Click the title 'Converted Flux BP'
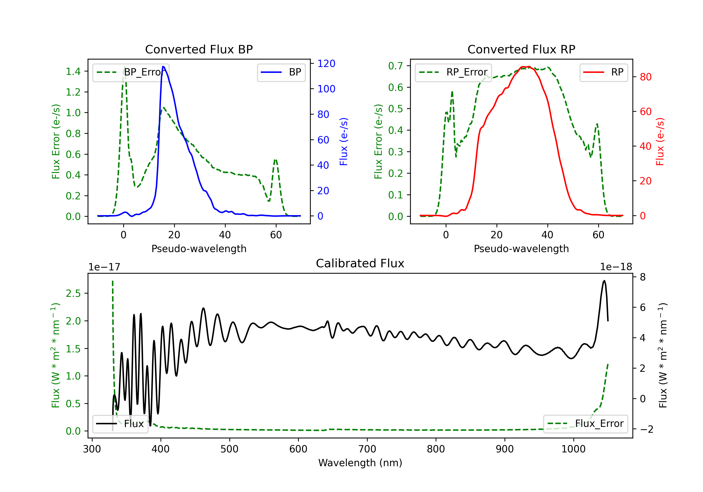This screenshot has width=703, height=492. pyautogui.click(x=199, y=49)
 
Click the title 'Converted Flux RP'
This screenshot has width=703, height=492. pyautogui.click(x=521, y=49)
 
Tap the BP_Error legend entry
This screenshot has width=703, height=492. pyautogui.click(x=131, y=72)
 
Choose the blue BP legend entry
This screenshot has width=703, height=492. pyautogui.click(x=281, y=72)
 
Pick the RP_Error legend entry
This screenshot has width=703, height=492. pyautogui.click(x=453, y=72)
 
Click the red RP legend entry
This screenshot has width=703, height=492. pyautogui.click(x=603, y=72)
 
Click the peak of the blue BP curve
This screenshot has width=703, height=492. pyautogui.click(x=163, y=67)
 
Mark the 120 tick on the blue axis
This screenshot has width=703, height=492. pyautogui.click(x=326, y=63)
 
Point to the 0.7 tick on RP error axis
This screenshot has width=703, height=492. pyautogui.click(x=395, y=66)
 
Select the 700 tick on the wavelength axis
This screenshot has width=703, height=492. pyautogui.click(x=367, y=449)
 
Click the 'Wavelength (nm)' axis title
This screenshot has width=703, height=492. pyautogui.click(x=360, y=463)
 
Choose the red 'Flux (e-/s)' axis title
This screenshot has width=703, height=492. pyautogui.click(x=660, y=142)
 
